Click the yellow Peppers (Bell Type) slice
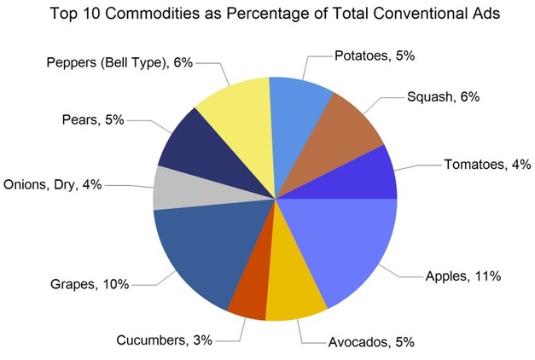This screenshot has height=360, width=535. click(x=235, y=115)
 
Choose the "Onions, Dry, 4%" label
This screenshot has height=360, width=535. click(x=54, y=184)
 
